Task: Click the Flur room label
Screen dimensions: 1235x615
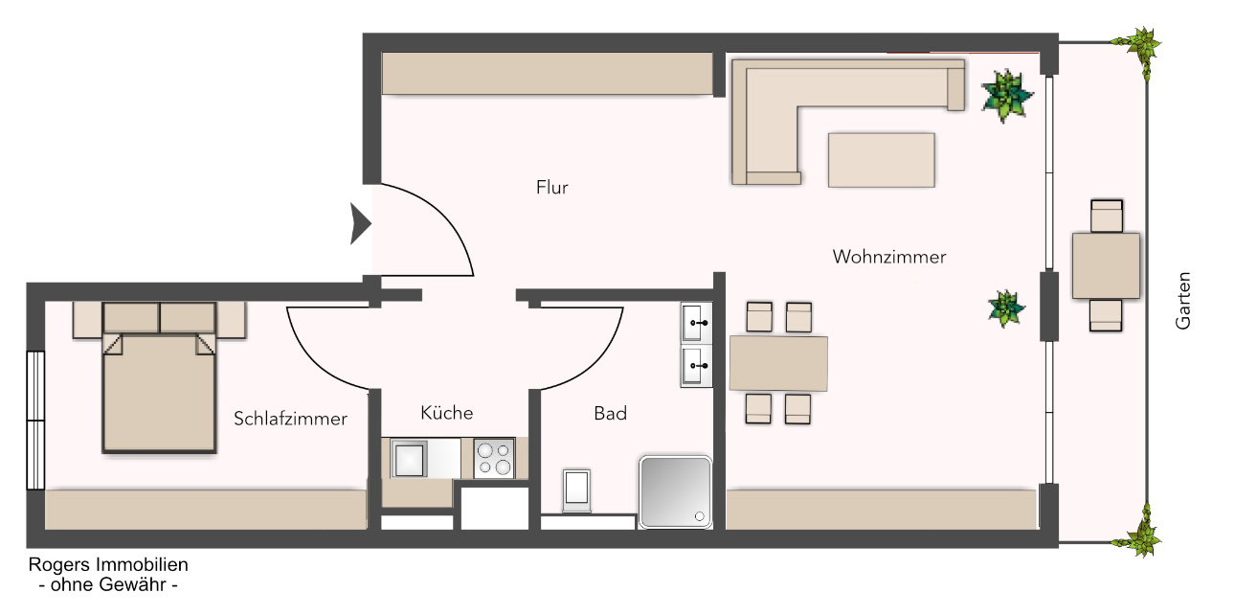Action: [551, 188]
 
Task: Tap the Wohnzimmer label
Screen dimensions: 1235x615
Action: [889, 257]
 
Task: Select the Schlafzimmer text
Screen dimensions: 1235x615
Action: [290, 419]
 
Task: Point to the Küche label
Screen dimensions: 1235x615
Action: [446, 413]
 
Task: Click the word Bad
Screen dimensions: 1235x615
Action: [611, 414]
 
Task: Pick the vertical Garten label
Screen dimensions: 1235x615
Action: [1183, 301]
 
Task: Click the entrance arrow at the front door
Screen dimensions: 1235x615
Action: [361, 223]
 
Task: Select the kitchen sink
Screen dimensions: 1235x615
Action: [409, 459]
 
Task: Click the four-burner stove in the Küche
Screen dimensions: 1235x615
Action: [495, 458]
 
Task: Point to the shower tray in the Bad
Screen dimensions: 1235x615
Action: [675, 492]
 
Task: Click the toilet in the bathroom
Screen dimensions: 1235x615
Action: [576, 490]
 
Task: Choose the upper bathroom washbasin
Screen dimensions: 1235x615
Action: [697, 322]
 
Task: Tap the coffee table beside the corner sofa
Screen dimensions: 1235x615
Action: [881, 160]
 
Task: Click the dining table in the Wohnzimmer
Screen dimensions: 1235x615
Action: [778, 363]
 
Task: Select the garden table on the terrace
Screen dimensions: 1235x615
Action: [1106, 266]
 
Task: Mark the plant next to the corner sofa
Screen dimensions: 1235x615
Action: [1007, 96]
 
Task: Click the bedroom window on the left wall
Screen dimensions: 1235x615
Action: [35, 421]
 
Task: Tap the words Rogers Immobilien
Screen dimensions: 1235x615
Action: [108, 565]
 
